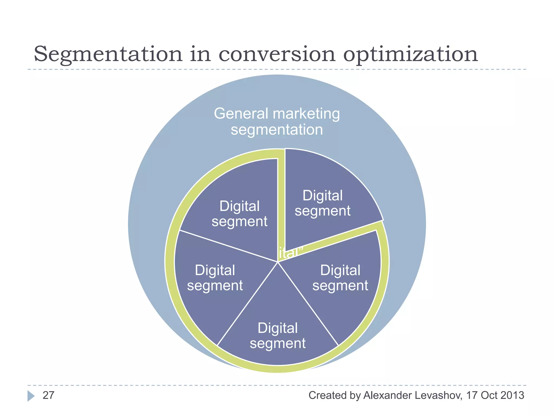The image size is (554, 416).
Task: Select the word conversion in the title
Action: click(277, 54)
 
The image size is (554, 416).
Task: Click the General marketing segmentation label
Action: click(277, 121)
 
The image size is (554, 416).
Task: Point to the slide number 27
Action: click(48, 395)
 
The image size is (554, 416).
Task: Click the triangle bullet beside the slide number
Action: click(31, 396)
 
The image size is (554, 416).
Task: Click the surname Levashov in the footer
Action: click(438, 395)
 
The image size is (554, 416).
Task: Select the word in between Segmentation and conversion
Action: click(200, 54)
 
